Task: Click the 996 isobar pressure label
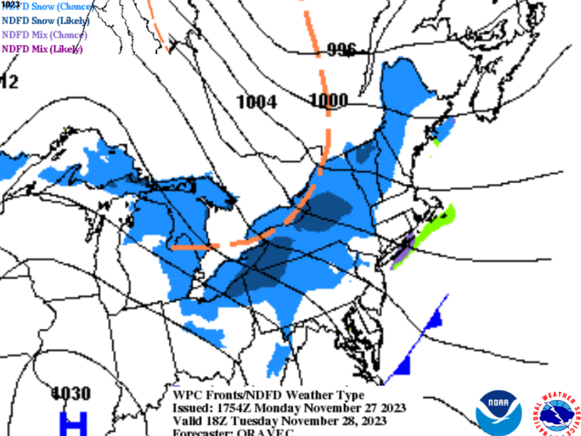tap(341, 51)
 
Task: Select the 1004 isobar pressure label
tap(257, 102)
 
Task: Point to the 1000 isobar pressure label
tap(328, 100)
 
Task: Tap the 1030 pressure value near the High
tap(71, 393)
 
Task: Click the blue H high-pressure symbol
tap(72, 423)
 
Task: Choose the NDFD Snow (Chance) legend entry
tap(47, 7)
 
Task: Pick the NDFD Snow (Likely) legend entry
tap(45, 21)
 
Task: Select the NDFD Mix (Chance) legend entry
tap(44, 35)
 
